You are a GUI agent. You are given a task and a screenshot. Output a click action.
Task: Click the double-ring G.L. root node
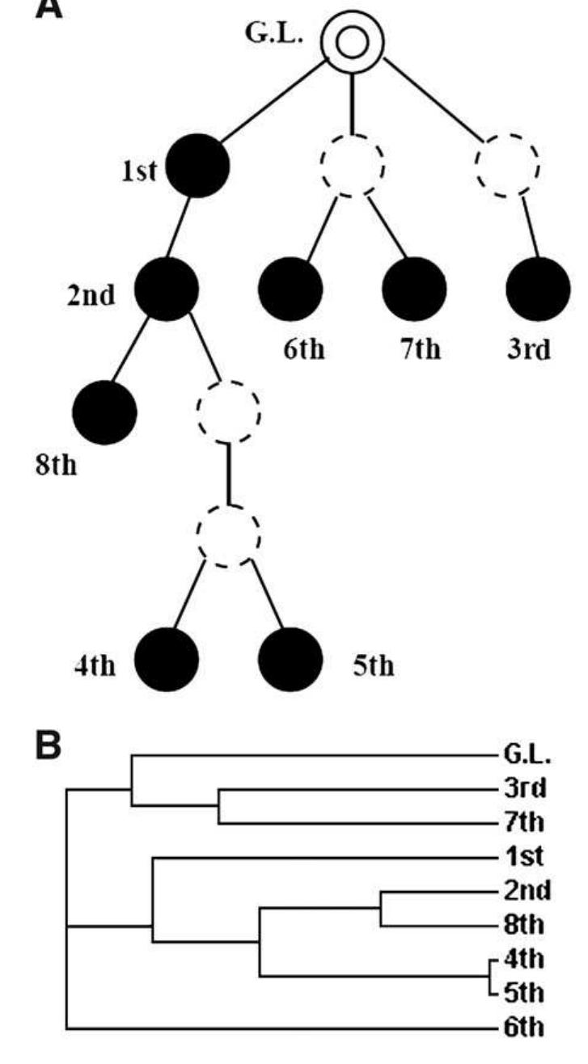tap(352, 41)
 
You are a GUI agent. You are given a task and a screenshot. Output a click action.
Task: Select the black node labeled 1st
tap(197, 166)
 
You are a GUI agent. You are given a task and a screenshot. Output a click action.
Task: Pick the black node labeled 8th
tap(104, 411)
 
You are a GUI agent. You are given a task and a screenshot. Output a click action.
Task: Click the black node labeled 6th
tap(290, 289)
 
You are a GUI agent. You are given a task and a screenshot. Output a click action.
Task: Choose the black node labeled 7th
tap(413, 289)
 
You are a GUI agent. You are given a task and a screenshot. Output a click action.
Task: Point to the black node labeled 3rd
tap(537, 289)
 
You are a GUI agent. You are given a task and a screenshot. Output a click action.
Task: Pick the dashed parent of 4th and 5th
tap(229, 534)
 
